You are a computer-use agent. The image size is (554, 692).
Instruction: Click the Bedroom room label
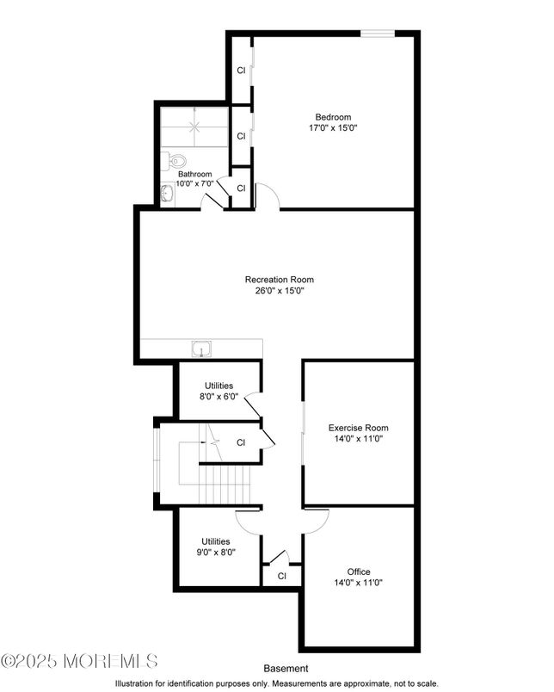tap(333, 117)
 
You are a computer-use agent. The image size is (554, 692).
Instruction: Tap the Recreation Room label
tap(280, 280)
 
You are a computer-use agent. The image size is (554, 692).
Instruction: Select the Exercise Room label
tap(358, 428)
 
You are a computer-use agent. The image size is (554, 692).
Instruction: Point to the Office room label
tap(358, 572)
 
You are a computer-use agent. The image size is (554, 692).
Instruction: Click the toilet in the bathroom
tap(174, 160)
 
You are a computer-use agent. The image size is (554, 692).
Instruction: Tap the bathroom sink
tap(167, 194)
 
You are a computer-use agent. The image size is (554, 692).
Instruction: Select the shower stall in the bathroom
tap(194, 127)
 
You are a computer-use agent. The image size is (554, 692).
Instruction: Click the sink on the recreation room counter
tap(201, 349)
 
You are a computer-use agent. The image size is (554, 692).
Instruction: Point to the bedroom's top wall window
tap(378, 33)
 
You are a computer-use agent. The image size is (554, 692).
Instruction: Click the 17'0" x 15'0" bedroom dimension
tap(333, 128)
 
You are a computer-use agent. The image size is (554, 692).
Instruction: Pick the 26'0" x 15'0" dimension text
tap(280, 291)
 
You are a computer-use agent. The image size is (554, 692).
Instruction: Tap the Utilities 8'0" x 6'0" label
tap(219, 391)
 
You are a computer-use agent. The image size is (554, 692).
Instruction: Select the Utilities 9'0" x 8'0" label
tap(216, 547)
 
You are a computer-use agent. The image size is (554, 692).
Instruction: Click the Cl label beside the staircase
tap(241, 442)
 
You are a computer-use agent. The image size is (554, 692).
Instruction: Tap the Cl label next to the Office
tap(282, 576)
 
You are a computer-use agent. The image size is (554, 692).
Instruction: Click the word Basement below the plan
tap(286, 669)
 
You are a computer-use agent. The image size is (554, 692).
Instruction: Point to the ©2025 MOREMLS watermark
tap(79, 661)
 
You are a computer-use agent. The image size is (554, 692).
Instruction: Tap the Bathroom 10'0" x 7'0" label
tap(195, 179)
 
